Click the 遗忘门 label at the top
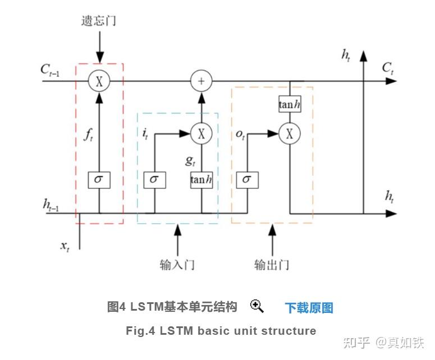(x=99, y=22)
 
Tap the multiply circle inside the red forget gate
(x=99, y=81)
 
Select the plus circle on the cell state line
(x=200, y=81)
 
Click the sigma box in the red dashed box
(x=99, y=180)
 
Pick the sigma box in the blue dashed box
(x=154, y=180)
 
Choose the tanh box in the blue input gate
(x=201, y=180)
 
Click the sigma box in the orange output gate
(x=247, y=180)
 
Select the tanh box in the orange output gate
(x=290, y=104)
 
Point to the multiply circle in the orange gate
(x=290, y=133)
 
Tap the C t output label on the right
(x=388, y=68)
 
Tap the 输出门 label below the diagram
(x=272, y=264)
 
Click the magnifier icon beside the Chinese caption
(x=257, y=306)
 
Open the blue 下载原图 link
(x=309, y=307)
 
